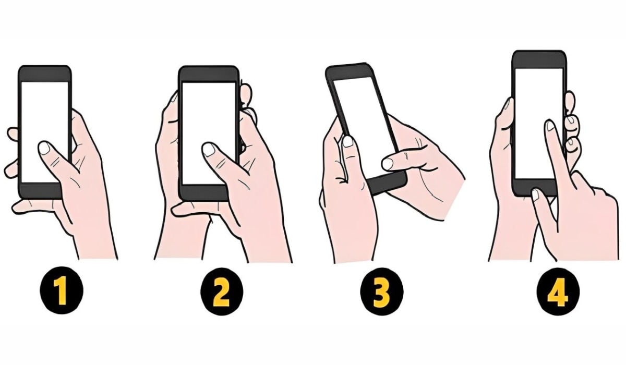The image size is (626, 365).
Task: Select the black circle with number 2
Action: [222, 293]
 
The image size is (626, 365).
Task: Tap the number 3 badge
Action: [381, 293]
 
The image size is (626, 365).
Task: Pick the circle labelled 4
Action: [557, 293]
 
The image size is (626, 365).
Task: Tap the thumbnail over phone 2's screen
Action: [209, 150]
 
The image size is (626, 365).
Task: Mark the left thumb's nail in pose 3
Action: [348, 141]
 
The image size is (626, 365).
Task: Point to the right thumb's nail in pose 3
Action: [388, 164]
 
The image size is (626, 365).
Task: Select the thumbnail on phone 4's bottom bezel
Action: [535, 194]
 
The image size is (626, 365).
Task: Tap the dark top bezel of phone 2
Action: [209, 74]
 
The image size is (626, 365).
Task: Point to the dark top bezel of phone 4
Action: [539, 59]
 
